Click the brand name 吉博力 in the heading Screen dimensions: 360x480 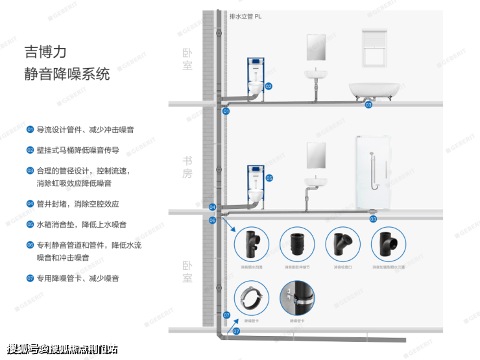45,51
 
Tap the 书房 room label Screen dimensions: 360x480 187,167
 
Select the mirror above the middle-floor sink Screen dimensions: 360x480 316,155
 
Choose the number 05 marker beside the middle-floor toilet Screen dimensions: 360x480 269,178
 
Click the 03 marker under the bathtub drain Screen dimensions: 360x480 368,105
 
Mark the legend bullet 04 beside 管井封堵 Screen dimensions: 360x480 30,204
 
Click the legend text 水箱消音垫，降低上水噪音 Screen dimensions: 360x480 81,224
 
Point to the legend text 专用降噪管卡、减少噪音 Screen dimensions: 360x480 77,278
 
